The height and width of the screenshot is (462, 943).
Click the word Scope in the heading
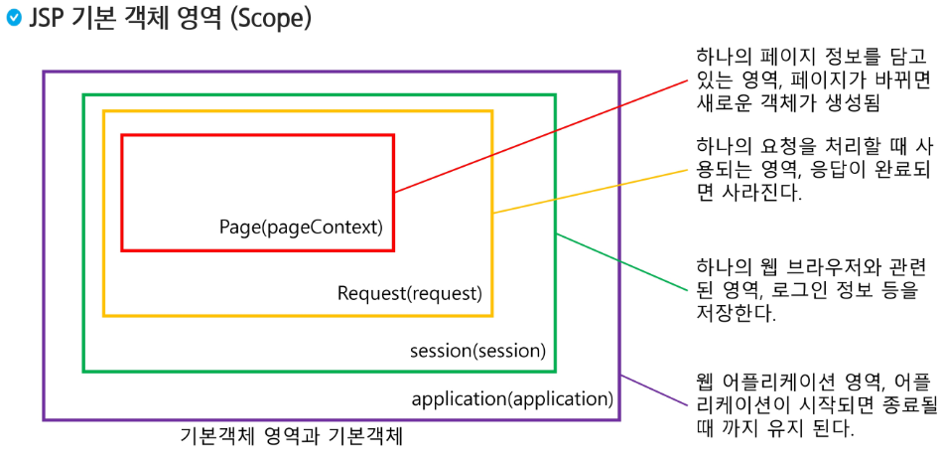click(x=275, y=20)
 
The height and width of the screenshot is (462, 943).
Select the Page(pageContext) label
click(x=300, y=227)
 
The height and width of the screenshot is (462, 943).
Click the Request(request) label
click(x=409, y=293)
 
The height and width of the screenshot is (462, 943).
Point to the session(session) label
click(x=477, y=351)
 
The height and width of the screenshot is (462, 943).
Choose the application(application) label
click(x=512, y=399)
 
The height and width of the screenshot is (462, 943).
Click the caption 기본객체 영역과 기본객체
click(x=292, y=436)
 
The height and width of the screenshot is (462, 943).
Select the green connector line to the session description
click(x=620, y=261)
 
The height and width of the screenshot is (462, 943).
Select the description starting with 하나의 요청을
click(x=814, y=169)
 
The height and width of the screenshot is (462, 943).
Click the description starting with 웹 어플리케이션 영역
click(x=814, y=407)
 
